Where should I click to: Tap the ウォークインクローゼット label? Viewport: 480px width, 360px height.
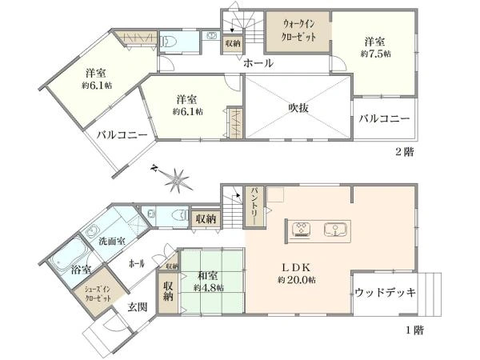[298, 31]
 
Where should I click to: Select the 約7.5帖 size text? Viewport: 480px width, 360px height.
[375, 54]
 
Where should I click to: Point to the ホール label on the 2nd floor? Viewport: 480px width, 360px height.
[258, 63]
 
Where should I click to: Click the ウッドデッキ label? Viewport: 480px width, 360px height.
[385, 293]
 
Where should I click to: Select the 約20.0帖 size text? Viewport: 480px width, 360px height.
[296, 280]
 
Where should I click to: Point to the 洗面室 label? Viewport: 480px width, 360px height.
[112, 239]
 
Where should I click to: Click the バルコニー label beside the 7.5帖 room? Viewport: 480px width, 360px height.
[384, 118]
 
